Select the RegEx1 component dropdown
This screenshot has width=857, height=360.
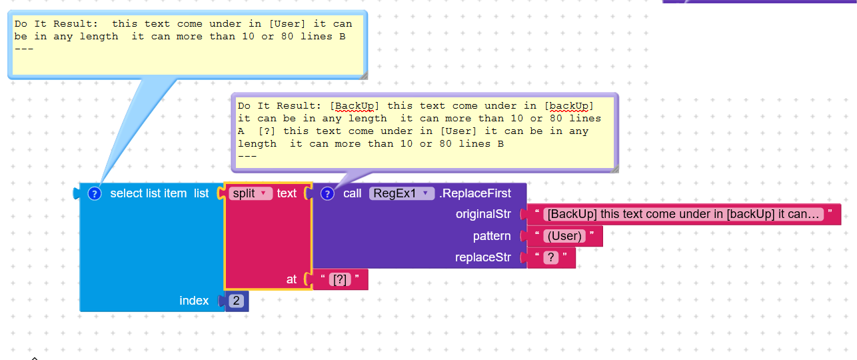[x=402, y=193]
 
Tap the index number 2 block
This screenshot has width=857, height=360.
[x=236, y=301]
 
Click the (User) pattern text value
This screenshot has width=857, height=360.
[x=564, y=236]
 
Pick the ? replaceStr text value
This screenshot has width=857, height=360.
[x=551, y=257]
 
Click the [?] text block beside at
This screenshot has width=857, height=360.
[x=341, y=279]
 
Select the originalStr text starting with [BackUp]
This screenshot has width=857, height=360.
[x=684, y=214]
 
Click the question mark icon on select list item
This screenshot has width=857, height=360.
[x=95, y=193]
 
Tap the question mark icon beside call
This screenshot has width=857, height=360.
[x=327, y=193]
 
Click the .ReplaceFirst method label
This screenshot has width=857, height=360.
[x=475, y=193]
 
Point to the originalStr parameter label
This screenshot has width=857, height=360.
[x=482, y=214]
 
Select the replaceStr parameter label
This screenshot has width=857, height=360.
[x=482, y=257]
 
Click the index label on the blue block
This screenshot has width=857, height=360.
[x=194, y=301]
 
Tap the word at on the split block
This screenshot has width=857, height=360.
[x=291, y=279]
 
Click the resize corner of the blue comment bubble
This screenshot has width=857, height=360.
[x=363, y=75]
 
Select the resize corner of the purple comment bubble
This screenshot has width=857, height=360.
[x=614, y=169]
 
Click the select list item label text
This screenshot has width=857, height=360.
[x=149, y=193]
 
